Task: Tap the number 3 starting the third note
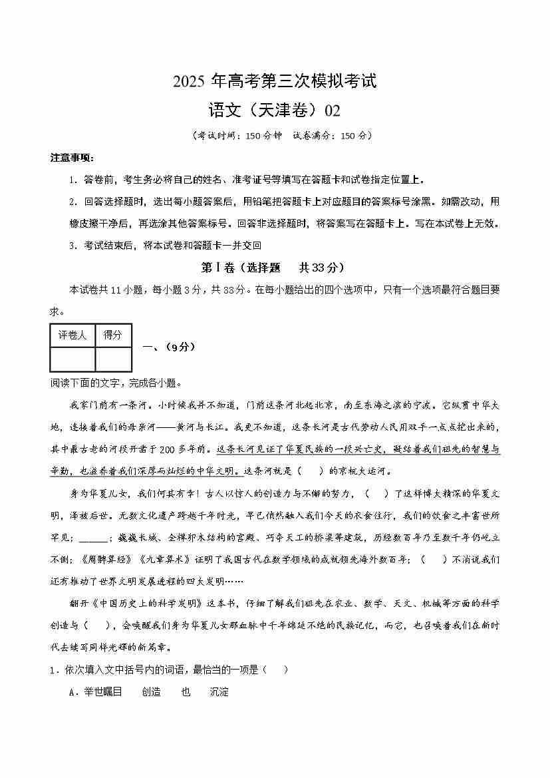click(x=72, y=246)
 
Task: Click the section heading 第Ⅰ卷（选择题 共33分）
click(x=274, y=268)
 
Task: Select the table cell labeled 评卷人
click(x=72, y=335)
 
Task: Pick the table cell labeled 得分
click(x=113, y=335)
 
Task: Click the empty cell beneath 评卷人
click(x=72, y=359)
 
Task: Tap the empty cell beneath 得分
click(x=113, y=359)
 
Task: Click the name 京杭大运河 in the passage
click(x=366, y=471)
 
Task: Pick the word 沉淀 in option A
click(x=219, y=692)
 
